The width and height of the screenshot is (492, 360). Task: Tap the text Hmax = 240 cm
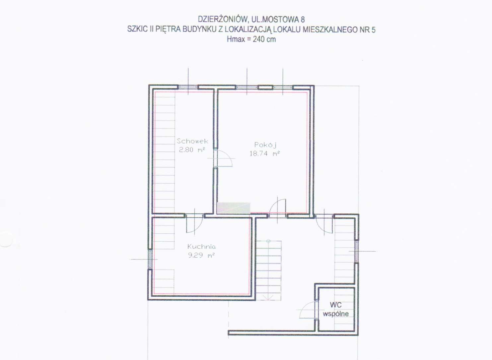coord(251,39)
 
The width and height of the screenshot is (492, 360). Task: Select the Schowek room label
coord(192,141)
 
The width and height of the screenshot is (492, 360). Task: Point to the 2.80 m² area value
coord(192,150)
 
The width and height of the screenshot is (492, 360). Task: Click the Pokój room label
coord(265,145)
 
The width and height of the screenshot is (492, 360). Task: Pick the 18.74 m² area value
coord(265,153)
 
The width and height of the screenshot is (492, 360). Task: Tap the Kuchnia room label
coord(201,247)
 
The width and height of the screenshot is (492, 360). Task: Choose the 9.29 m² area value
coord(201,255)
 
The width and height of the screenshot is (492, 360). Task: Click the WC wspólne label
coord(336,309)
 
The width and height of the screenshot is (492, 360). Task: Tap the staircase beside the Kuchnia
coord(268,270)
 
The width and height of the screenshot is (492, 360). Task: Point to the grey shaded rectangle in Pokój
coord(234,208)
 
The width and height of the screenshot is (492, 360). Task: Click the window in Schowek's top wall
coord(188,87)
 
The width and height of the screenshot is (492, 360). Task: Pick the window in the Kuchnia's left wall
coord(150,259)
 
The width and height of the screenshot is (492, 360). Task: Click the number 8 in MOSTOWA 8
coord(303,20)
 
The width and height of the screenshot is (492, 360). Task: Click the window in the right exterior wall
coord(357,251)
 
